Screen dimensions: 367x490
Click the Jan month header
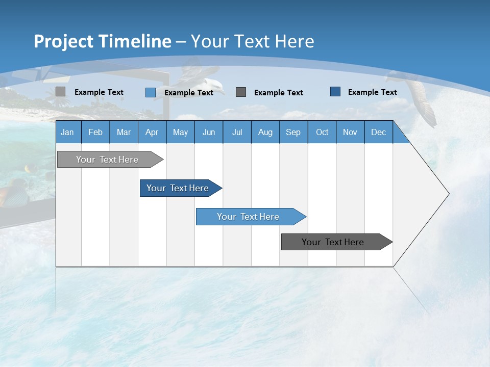(67, 132)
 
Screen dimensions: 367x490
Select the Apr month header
(152, 132)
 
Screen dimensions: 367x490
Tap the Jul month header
(237, 132)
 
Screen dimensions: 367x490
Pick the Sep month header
(293, 132)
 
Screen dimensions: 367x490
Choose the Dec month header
(378, 132)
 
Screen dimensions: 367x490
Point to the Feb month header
(95, 132)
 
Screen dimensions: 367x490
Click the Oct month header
(322, 132)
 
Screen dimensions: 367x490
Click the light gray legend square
(60, 92)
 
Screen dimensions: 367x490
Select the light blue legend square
(150, 92)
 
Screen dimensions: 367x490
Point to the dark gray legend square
(241, 92)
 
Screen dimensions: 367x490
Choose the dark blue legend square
(335, 92)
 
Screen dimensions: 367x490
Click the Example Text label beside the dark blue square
(372, 92)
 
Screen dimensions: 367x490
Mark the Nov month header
(350, 132)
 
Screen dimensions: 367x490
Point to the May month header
(180, 132)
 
